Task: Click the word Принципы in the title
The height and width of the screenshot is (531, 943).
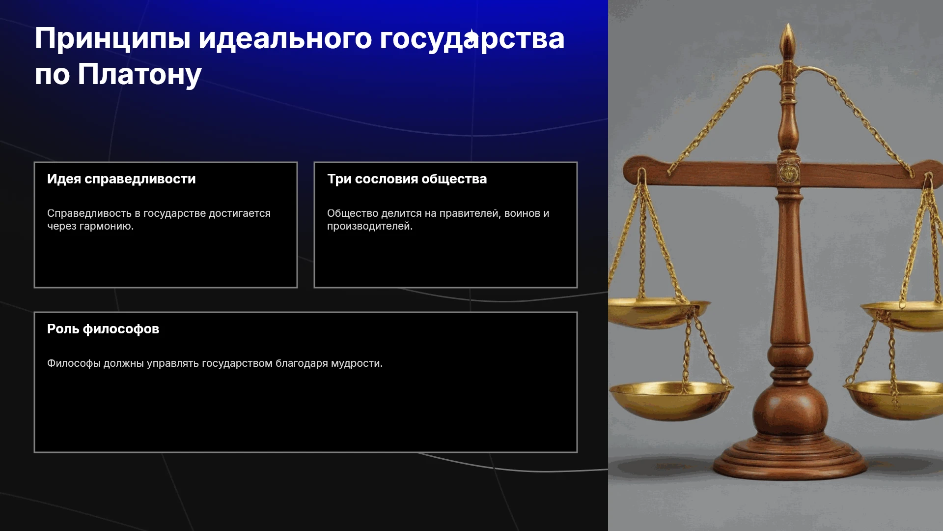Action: click(x=112, y=39)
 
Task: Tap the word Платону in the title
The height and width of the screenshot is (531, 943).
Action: click(x=139, y=75)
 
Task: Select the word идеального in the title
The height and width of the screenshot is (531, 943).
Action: click(x=285, y=39)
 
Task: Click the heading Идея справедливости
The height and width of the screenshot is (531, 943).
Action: click(x=121, y=179)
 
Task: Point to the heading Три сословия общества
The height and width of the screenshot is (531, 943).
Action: click(x=407, y=179)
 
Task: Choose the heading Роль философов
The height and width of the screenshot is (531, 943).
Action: click(x=103, y=329)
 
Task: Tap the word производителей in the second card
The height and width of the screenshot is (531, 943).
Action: click(x=370, y=226)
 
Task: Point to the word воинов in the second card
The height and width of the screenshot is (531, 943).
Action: click(x=522, y=213)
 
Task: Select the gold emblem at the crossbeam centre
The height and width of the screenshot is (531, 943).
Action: click(x=789, y=172)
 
